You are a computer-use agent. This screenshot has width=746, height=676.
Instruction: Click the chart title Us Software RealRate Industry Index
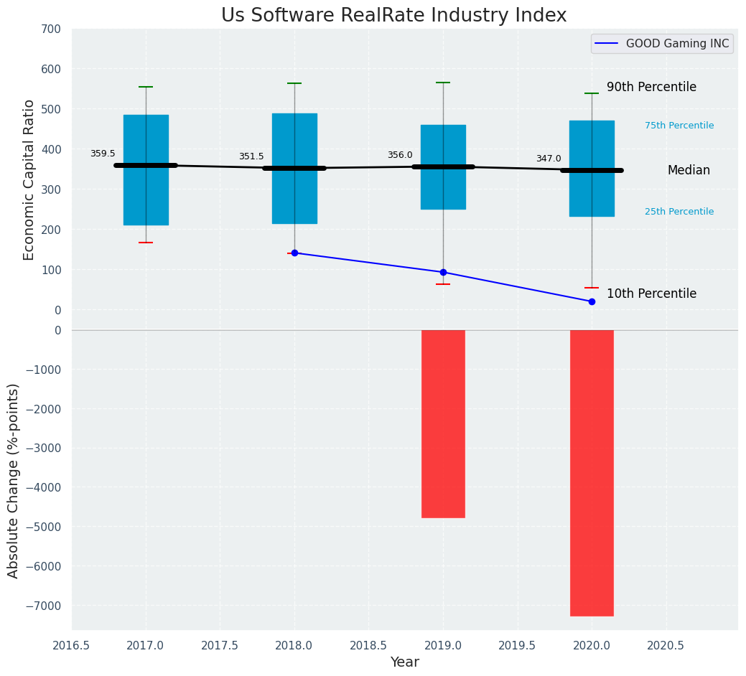pyautogui.click(x=393, y=16)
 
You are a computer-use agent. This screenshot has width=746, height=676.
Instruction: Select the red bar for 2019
pyautogui.click(x=443, y=423)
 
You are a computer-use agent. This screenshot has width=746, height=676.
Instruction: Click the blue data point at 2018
pyautogui.click(x=294, y=253)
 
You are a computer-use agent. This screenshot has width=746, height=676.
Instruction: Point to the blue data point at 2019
pyautogui.click(x=443, y=272)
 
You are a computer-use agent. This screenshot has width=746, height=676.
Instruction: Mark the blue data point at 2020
pyautogui.click(x=592, y=301)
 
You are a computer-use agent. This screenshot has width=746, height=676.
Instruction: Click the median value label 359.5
pyautogui.click(x=103, y=154)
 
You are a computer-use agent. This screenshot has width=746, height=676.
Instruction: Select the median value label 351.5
pyautogui.click(x=251, y=156)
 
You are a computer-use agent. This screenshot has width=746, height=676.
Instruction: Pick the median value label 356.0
pyautogui.click(x=400, y=155)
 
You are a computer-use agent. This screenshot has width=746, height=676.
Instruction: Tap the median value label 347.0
pyautogui.click(x=549, y=159)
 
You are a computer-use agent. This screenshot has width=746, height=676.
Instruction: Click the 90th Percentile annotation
pyautogui.click(x=651, y=87)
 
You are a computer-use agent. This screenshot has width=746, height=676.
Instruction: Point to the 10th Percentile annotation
pyautogui.click(x=651, y=294)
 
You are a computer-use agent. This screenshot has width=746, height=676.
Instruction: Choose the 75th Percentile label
pyautogui.click(x=679, y=126)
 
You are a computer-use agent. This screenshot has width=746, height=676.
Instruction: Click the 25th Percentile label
pyautogui.click(x=679, y=212)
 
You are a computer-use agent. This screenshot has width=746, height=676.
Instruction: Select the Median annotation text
pyautogui.click(x=689, y=170)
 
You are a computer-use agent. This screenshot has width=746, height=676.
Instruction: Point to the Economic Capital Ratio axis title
pyautogui.click(x=29, y=179)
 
